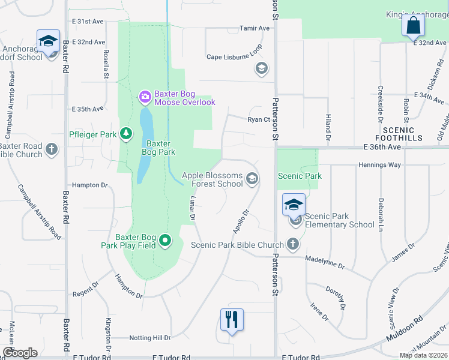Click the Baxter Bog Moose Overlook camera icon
click(x=145, y=96)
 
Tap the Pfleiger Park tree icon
click(x=126, y=133)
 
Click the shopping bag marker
click(x=413, y=26)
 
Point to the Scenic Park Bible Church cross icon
click(x=292, y=244)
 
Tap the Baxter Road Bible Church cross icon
click(x=52, y=149)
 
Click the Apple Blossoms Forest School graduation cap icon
click(x=253, y=178)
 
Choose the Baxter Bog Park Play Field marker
click(x=166, y=241)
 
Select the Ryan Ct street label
click(x=259, y=119)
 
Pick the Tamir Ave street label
click(x=255, y=28)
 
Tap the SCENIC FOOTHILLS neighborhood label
click(x=399, y=134)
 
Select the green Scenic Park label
click(x=299, y=176)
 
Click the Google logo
click(x=19, y=353)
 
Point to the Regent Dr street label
click(x=85, y=290)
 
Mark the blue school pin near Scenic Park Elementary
click(x=294, y=205)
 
